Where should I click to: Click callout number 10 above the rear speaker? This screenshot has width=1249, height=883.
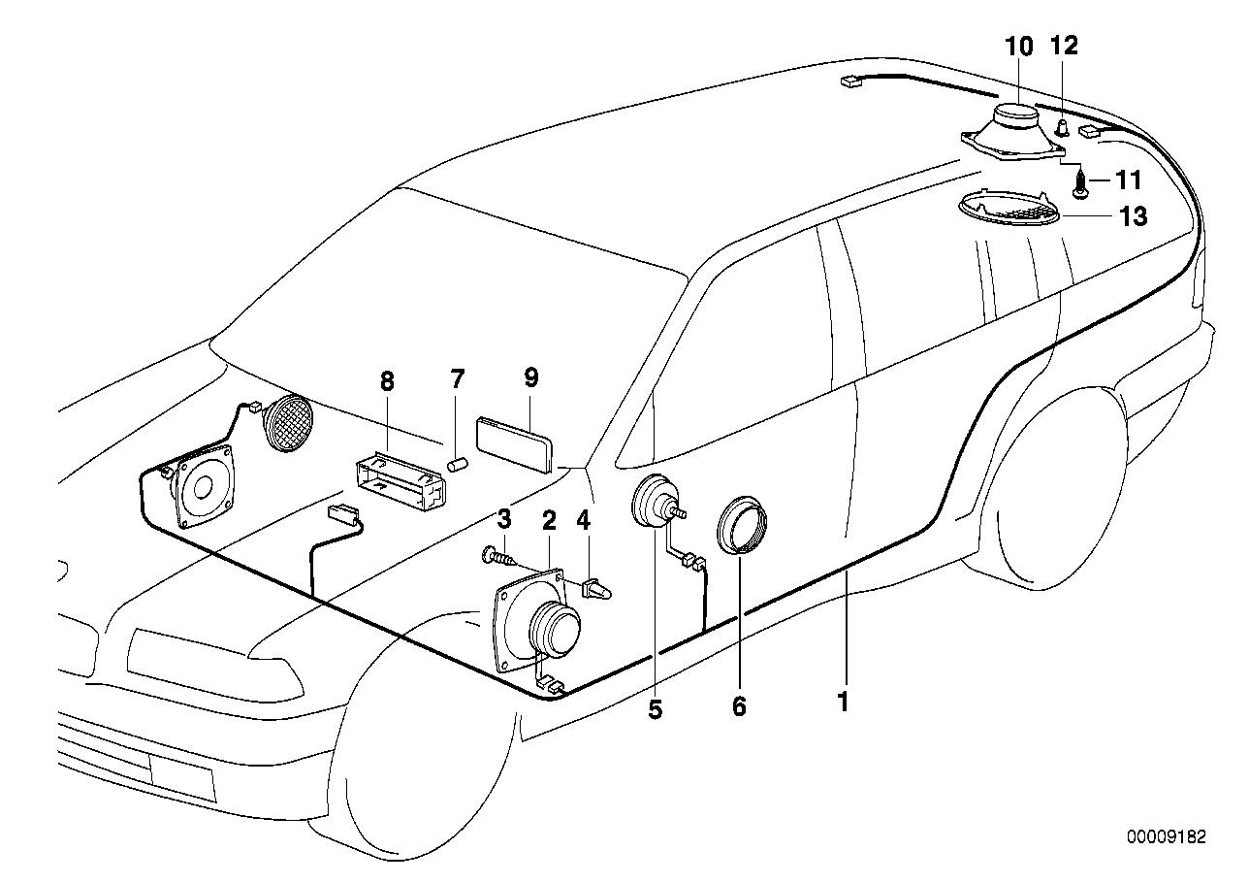(1019, 46)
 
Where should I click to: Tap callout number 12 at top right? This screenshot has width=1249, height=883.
(1063, 46)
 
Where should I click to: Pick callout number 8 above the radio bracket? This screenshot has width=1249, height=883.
(387, 381)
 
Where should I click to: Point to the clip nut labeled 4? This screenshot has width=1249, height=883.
(598, 589)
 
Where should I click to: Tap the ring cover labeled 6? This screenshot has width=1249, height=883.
(742, 525)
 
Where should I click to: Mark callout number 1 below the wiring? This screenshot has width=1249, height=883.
(844, 701)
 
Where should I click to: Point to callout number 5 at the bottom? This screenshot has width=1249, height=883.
(656, 710)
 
